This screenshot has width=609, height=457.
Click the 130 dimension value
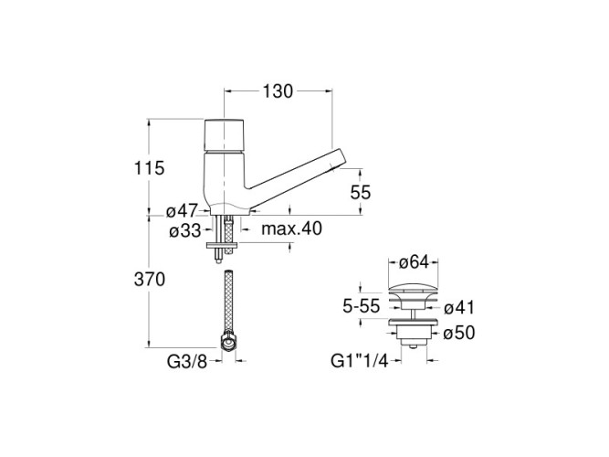coord(278,91)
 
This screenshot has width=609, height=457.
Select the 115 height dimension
coord(149,168)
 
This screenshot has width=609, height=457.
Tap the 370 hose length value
coord(149,280)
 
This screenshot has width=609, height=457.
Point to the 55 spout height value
coord(361,192)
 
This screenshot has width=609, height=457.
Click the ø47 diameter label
coord(182,211)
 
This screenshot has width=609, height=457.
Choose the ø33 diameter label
coord(185,231)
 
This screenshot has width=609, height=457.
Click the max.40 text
coord(291,228)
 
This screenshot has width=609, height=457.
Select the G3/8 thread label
coord(187,362)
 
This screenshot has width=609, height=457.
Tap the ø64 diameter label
coord(414,262)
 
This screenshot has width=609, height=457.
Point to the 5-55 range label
coord(361,306)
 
